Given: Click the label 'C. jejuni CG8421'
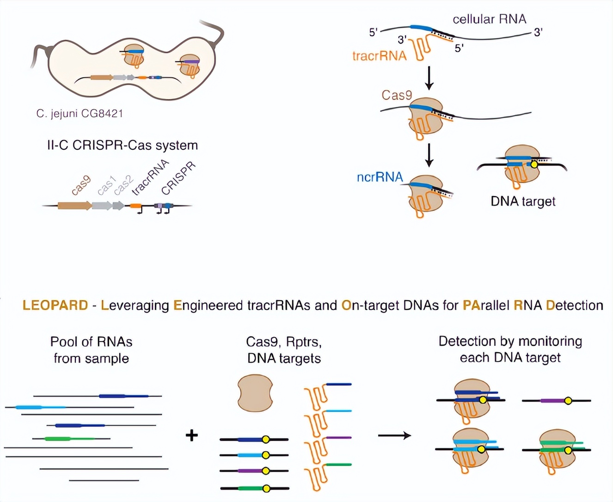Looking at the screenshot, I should pos(80,113).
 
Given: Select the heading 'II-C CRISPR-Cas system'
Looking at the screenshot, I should pos(122,145).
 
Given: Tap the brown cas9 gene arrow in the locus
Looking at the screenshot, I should pos(74,206).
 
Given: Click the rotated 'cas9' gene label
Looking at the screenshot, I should pos(81,185).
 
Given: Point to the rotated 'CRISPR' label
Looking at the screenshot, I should pos(178,178).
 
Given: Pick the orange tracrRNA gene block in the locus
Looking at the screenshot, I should pos(135,206).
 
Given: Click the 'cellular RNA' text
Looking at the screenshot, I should pos(489,19).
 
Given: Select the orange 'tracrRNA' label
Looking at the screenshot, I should pos(379,56).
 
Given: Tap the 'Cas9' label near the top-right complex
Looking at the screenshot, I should pos(397,95).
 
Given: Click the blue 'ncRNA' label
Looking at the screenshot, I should pos(380,177).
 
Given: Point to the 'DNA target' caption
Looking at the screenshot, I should pos(523,201).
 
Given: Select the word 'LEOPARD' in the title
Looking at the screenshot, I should pos(55,305).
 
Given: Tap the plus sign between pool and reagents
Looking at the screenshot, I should pos(191,435).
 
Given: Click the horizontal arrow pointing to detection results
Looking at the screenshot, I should pos(394,435).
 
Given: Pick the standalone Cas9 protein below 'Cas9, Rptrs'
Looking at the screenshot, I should pos(255,393).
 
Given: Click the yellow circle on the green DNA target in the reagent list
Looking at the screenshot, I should pos(266,488).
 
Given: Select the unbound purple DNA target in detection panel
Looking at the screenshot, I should pos(556,400).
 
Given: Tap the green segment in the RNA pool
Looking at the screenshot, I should pos(69,438).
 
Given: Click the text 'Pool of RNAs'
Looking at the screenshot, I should pos(91,342).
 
